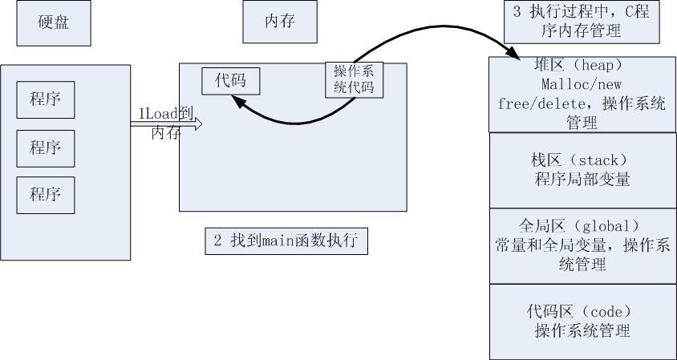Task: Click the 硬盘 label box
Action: point(54,23)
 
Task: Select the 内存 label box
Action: point(280,21)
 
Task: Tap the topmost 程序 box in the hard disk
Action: point(46,99)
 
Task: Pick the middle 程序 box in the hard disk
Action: point(46,148)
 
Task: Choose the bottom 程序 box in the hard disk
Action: point(46,195)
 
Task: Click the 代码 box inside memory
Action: point(230,81)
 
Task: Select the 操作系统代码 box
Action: point(354,80)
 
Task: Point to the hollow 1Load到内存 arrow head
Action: point(198,124)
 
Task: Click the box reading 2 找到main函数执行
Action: point(286,241)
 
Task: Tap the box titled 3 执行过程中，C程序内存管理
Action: point(582,22)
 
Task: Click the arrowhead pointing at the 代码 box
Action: point(237,102)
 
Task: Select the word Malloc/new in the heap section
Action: point(582,83)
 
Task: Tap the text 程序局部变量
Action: point(582,179)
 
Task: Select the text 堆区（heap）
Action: point(582,65)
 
